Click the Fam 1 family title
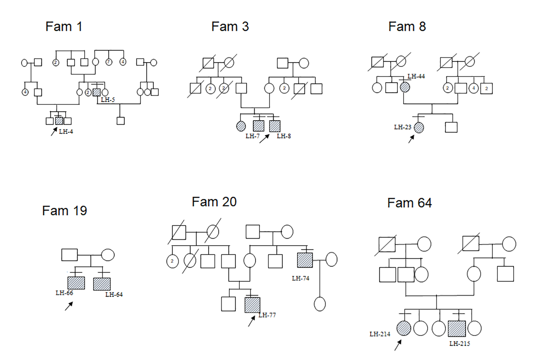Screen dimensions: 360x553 coord(64,26)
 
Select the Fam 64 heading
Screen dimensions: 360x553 coord(409,203)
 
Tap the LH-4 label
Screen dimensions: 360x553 coord(66,132)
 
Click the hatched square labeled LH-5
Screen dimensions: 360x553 coord(97,92)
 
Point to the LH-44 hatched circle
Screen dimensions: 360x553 coord(405,87)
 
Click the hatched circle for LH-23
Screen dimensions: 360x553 coord(419,127)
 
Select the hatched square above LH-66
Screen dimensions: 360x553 coord(76,283)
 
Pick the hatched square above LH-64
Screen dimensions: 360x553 coord(102,284)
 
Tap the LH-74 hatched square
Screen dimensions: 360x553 coord(305,260)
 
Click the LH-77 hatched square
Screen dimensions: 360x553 coord(252,305)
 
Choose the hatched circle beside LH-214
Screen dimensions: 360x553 coord(404,328)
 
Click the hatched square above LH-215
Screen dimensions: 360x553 coord(457,329)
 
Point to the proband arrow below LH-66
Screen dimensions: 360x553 coord(69,306)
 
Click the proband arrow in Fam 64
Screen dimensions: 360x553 coord(398,345)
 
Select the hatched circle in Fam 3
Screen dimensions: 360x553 coord(241,126)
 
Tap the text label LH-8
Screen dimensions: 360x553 coord(284,136)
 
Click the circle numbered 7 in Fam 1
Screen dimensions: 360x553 coord(109,62)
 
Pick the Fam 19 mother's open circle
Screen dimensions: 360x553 coord(108,255)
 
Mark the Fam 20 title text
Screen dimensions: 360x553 coord(214,202)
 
